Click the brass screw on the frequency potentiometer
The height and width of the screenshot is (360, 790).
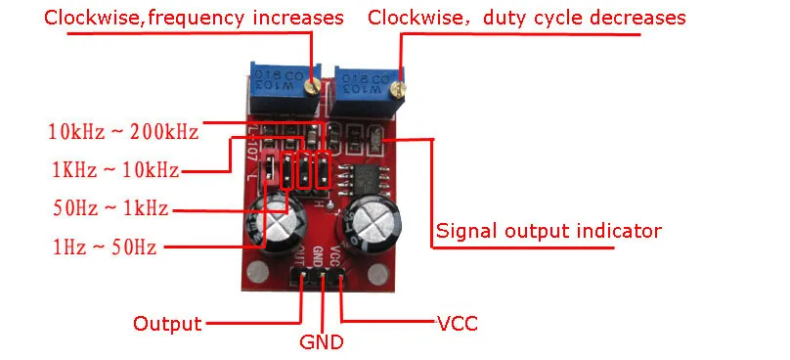[x=314, y=88]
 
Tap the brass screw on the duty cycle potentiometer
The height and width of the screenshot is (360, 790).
[x=399, y=89]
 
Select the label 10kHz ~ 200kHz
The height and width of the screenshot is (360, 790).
[x=124, y=132]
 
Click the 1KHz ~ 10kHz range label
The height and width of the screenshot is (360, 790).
[x=116, y=170]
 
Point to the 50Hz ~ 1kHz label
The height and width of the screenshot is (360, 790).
[x=110, y=207]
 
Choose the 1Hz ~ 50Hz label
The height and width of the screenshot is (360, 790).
[x=105, y=247]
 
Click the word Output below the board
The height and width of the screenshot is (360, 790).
[x=167, y=324]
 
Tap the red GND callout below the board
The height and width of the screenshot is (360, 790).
[x=322, y=342]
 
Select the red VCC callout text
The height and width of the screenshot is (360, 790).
[x=458, y=324]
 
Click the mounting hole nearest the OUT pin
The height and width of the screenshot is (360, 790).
[x=258, y=273]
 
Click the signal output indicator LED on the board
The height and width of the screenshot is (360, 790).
[x=375, y=137]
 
